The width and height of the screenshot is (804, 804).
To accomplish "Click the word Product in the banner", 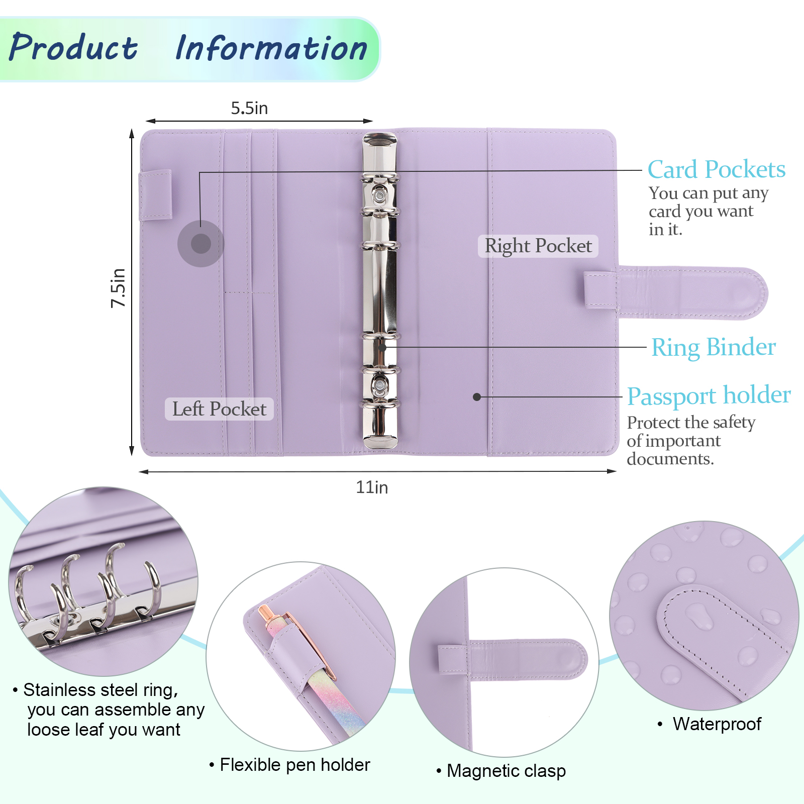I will pos(73,48).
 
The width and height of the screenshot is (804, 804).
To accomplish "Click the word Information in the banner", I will pos(271,49).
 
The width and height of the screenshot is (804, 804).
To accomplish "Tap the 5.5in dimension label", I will pos(249,108).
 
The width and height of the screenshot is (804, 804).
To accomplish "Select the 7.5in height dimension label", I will pos(118,287).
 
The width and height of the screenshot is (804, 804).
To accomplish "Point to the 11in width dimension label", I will pos(372,487).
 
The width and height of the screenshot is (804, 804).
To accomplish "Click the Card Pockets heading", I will pos(716,169).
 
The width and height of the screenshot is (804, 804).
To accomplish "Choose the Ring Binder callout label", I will pos(713,347).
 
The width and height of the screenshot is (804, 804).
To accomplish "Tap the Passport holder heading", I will pos(709,395).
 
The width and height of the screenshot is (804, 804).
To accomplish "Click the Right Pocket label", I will pos(538,246).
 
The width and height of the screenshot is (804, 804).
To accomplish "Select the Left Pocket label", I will pos(219,409).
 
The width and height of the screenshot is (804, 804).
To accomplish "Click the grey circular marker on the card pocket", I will pos(201,244).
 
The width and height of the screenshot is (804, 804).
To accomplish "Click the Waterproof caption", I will pos(717,724).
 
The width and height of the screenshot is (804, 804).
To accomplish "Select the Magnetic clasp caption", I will pos(506,770).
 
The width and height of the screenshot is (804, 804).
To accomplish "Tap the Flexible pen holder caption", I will pos(294,765).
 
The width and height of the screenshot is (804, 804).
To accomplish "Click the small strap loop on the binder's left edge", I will pos(155,195).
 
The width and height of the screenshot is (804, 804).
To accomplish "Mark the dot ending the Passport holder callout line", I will pos(477,397).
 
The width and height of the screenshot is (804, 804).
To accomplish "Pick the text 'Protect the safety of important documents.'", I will pos(691,441).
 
